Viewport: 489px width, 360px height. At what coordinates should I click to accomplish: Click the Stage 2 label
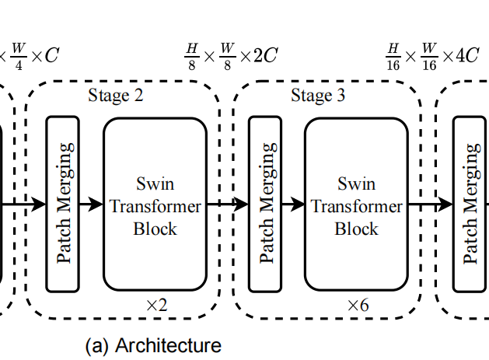click(x=116, y=96)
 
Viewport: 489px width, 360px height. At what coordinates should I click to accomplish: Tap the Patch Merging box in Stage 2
click(x=64, y=203)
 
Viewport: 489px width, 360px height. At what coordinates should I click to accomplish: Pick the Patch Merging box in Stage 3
click(x=265, y=203)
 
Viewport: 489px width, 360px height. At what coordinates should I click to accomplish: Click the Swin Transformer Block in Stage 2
click(x=155, y=206)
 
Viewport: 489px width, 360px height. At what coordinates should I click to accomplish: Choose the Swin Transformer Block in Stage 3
click(x=356, y=206)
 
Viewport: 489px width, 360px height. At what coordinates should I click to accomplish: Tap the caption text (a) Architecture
click(x=153, y=344)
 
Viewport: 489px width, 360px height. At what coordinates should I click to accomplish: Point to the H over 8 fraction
click(x=191, y=56)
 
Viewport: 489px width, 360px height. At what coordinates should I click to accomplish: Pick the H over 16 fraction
click(x=393, y=56)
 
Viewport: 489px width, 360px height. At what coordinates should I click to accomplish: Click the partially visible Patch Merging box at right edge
click(x=471, y=203)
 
